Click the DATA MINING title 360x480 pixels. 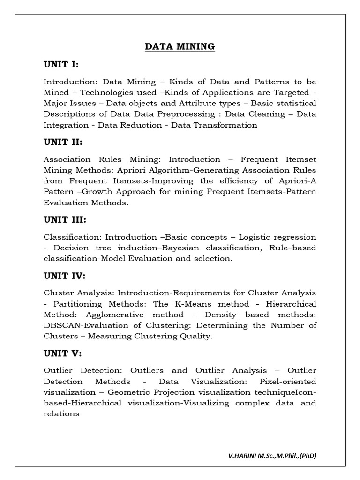point(180,46)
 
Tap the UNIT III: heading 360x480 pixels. point(65,219)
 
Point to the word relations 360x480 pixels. point(61,414)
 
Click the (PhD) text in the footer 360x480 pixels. point(306,455)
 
